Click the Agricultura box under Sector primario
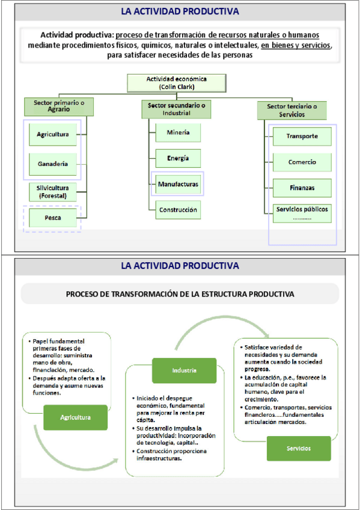coord(53,134)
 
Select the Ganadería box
coord(53,164)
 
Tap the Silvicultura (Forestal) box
coord(53,192)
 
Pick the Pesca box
coord(53,218)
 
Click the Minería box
coord(178,132)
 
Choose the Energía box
coord(178,158)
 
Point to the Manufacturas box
coord(178,184)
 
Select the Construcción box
coord(178,210)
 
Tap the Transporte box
coord(302,137)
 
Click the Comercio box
coord(302,162)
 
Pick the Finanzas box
coord(302,188)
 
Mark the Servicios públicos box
coord(302,214)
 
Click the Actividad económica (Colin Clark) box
coord(177,83)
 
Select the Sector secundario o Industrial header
coord(177,109)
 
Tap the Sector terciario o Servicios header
coord(292,110)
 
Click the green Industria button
coord(185,370)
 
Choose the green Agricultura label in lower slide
coord(75,417)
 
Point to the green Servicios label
coord(299,449)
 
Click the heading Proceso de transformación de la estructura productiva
coord(180,294)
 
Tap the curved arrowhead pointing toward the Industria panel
coord(114,461)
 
